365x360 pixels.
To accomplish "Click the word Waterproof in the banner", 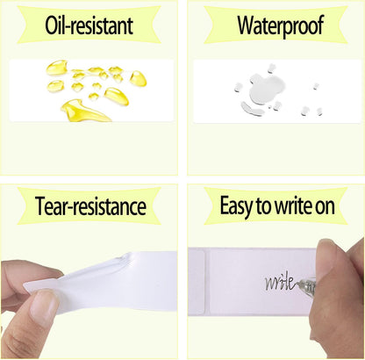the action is click(280, 25).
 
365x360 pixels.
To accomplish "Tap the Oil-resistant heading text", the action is click(89, 25).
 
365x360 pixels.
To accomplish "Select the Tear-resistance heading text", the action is click(90, 206).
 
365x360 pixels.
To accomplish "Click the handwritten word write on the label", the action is click(280, 282).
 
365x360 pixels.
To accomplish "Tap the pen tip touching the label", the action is click(298, 284).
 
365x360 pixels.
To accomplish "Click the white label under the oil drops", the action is click(91, 90).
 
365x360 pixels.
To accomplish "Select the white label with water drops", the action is click(277, 91).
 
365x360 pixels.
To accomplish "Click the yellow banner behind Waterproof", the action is click(276, 25).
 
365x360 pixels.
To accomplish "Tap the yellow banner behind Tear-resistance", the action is click(89, 206).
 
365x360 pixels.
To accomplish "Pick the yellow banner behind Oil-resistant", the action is click(89, 25).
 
